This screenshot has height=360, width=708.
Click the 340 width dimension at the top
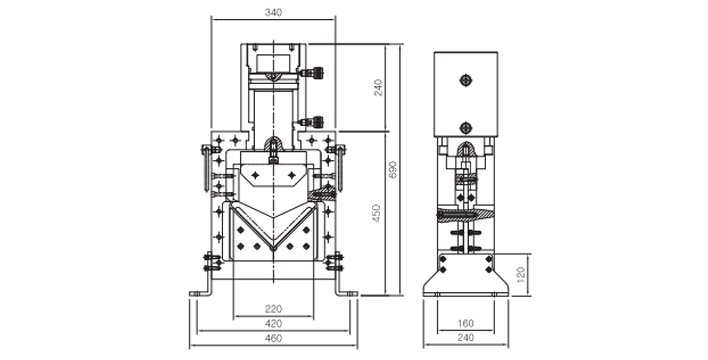click(272, 13)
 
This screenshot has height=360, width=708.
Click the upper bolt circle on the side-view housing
click(465, 81)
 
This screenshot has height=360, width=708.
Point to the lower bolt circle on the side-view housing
click(465, 126)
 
